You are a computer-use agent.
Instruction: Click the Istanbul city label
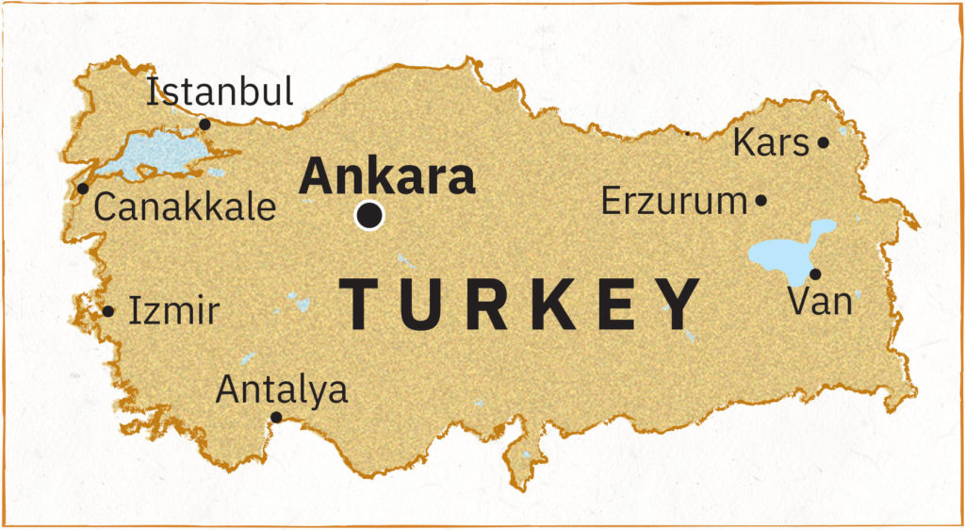pyautogui.click(x=221, y=92)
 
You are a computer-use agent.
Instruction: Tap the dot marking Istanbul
pyautogui.click(x=204, y=124)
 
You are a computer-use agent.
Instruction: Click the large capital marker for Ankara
pyautogui.click(x=369, y=216)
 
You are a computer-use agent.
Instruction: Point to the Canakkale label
pyautogui.click(x=185, y=207)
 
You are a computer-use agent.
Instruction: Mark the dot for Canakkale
pyautogui.click(x=83, y=189)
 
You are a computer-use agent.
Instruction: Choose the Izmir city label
pyautogui.click(x=173, y=310)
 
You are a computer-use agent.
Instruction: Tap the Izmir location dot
pyautogui.click(x=108, y=311)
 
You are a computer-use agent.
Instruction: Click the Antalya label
pyautogui.click(x=282, y=389)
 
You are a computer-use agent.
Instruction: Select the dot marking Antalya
pyautogui.click(x=276, y=417)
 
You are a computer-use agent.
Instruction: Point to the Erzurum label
pyautogui.click(x=674, y=201)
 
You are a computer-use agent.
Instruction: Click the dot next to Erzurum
pyautogui.click(x=761, y=201)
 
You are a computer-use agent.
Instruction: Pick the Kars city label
pyautogui.click(x=771, y=144)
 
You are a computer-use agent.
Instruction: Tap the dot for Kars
pyautogui.click(x=823, y=143)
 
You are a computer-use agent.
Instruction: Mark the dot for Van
pyautogui.click(x=815, y=274)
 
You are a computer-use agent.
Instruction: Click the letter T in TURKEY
pyautogui.click(x=367, y=304)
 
